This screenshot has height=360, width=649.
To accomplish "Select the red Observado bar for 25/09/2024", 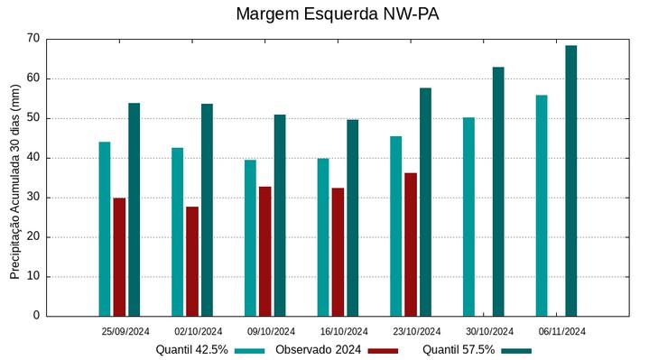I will point(119,257).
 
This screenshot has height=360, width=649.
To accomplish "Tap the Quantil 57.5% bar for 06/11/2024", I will point(571,180).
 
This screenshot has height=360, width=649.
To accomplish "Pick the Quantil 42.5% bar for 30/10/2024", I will point(468,217).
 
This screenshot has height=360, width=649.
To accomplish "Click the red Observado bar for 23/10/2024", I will point(411,245).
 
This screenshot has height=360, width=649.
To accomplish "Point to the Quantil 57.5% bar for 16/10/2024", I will point(353,217).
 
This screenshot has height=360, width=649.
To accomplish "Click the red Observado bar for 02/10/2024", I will point(192,262).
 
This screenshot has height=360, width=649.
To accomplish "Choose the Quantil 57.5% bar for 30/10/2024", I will point(498,191).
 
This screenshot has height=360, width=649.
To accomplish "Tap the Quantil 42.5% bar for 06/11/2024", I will point(542,206).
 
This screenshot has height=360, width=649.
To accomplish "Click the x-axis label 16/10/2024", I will point(344,331).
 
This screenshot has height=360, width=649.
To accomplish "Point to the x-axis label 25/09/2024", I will point(125,331).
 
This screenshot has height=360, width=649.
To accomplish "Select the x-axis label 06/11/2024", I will point(562,331).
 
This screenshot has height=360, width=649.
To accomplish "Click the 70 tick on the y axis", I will point(33,39).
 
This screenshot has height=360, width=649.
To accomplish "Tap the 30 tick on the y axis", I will point(33,198).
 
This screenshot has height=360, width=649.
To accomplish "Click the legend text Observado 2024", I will point(318,350).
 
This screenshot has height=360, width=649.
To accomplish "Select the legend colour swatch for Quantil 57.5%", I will point(516,350).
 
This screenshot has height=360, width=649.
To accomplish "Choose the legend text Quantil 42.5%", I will point(191,350).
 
